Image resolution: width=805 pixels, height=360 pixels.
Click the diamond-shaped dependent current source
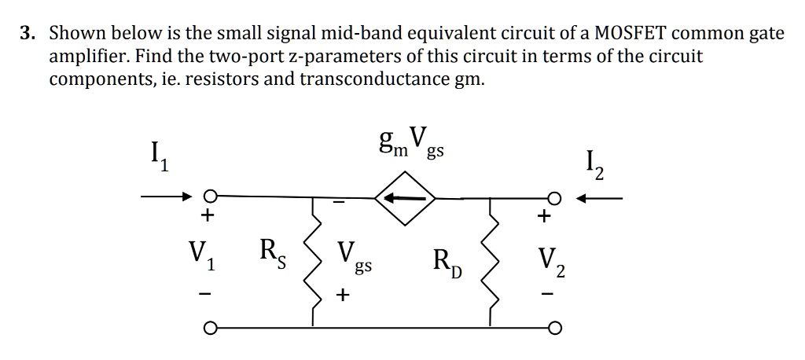[405, 200]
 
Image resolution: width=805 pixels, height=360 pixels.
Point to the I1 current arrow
[167, 197]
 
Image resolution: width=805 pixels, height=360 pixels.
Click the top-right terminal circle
[554, 198]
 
